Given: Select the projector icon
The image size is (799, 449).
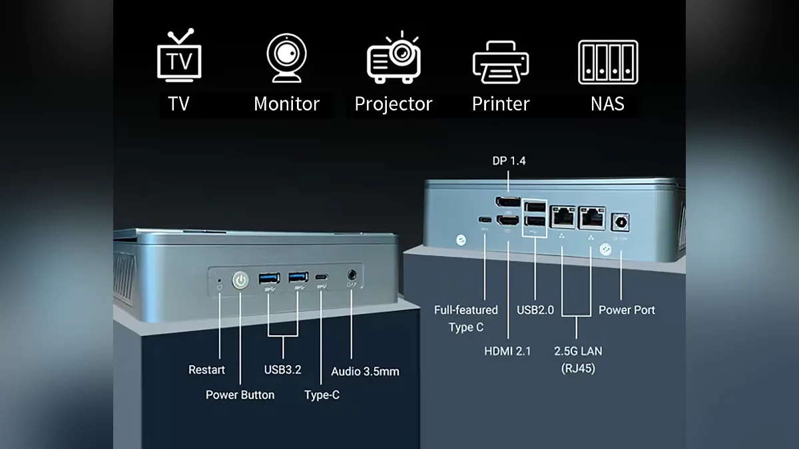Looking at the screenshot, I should [x=394, y=58].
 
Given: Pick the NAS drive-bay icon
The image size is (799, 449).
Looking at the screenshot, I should [x=608, y=62].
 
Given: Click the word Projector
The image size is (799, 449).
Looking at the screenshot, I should [x=394, y=104].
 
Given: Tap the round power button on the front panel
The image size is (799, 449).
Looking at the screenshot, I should [x=240, y=281].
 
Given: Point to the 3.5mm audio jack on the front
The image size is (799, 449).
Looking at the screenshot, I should [x=352, y=275].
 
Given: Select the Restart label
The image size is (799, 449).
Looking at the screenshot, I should [x=206, y=370].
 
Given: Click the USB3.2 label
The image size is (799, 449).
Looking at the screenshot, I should [x=282, y=370].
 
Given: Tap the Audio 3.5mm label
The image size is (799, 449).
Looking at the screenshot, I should [x=365, y=371].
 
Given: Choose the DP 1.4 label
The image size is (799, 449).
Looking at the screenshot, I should [x=509, y=161].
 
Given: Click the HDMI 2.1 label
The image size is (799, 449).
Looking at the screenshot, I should [x=507, y=351].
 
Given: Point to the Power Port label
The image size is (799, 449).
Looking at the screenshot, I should [x=627, y=310].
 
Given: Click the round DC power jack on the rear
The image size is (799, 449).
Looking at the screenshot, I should [x=621, y=222].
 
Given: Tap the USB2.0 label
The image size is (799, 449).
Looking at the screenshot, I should [x=535, y=310].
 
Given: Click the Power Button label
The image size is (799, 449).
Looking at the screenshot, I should [x=240, y=394].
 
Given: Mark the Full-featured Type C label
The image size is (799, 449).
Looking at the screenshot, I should [x=466, y=319].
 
